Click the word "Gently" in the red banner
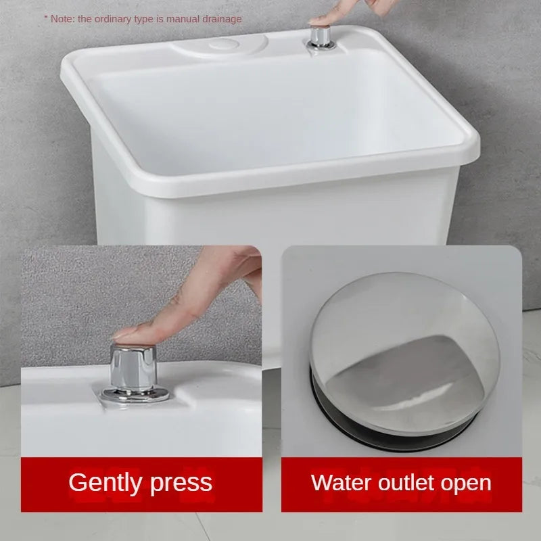pyautogui.click(x=105, y=483)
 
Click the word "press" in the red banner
pyautogui.click(x=181, y=484)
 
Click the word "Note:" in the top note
pyautogui.click(x=62, y=19)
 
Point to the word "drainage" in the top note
pyautogui.click(x=222, y=20)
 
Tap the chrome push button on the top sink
pyautogui.click(x=321, y=36)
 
